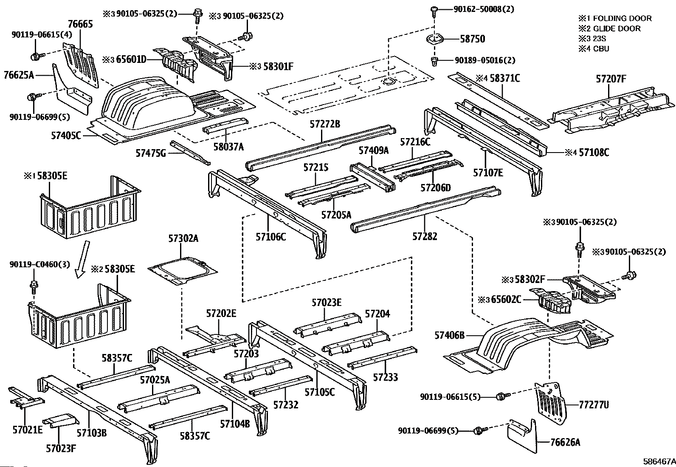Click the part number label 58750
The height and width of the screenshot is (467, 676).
point(472,39)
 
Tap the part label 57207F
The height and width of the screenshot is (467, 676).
point(611,79)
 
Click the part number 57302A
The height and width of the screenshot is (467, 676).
point(183,238)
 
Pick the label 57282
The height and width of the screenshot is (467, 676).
point(425,236)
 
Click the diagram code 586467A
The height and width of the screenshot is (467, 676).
point(659,461)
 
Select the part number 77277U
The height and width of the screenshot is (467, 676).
point(593,405)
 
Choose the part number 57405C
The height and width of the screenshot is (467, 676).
point(66,136)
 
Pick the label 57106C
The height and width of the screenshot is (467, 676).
point(270,237)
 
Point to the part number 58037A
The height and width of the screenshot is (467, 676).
point(228,147)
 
